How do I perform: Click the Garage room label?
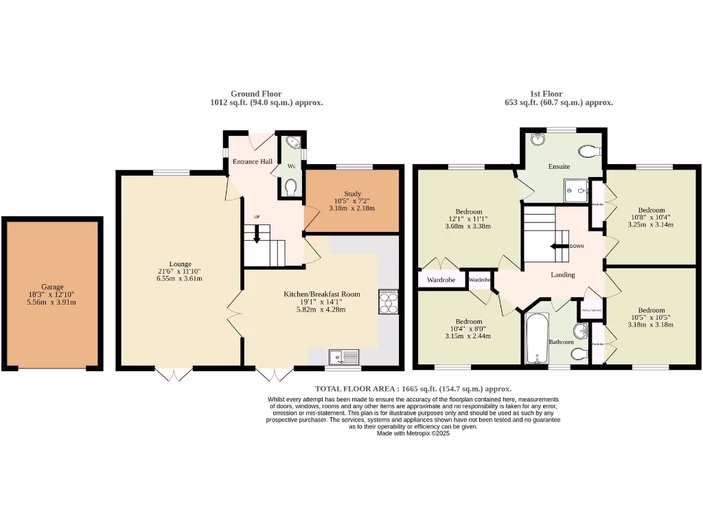coord(52,287)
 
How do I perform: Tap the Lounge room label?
coord(181,263)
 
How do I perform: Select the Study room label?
coord(351,194)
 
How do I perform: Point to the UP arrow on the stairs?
coord(257,235)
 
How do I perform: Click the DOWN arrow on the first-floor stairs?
coord(559,246)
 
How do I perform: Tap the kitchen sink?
coord(344,356)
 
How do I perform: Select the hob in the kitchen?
coord(389,302)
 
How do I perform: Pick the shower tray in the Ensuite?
coord(576,191)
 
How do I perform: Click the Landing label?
coord(562,275)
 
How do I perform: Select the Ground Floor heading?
coord(255,94)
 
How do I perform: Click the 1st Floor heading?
coord(546,94)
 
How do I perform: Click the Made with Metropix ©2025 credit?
coord(413,434)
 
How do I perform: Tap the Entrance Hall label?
coord(251,162)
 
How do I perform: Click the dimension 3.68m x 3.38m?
coord(468,226)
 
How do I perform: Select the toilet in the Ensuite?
coord(589,150)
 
